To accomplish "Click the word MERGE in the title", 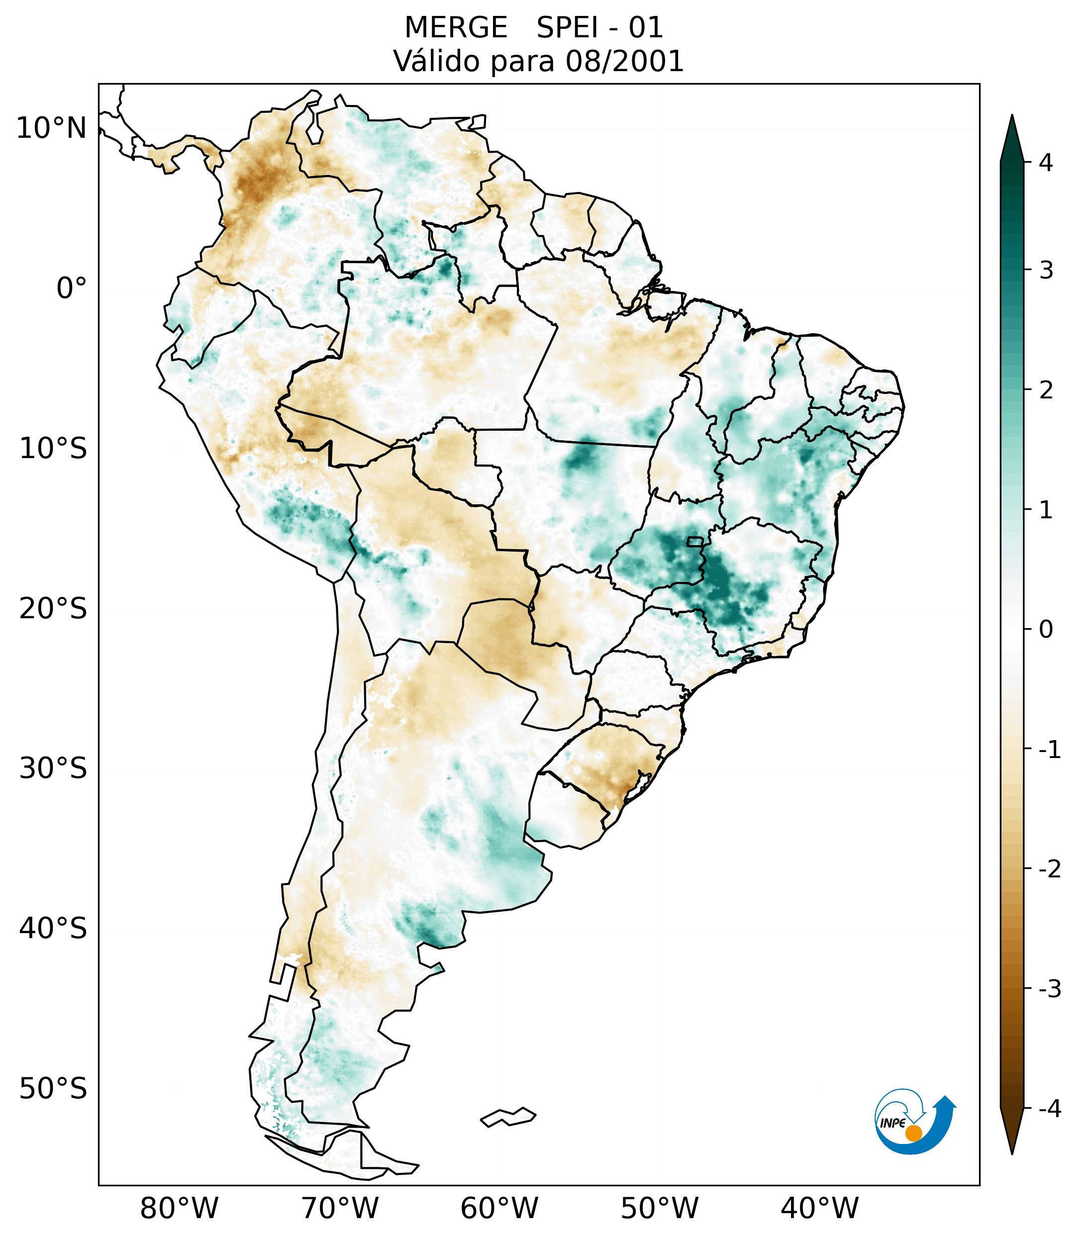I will pos(455,28).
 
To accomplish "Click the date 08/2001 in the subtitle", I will pos(624,61).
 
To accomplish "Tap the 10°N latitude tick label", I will pos(52,128).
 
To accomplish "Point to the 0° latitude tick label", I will pos(72,288).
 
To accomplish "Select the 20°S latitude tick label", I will pos(53,609).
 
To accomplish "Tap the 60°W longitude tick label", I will pos(499,1208).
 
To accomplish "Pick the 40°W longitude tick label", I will pos(820,1208).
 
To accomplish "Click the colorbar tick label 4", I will pos(1046,163).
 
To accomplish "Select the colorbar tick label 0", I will pos(1046,630).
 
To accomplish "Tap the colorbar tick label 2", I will pos(1046,390).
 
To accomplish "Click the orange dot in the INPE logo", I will pos(913,1133).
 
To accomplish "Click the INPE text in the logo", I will pos(892,1123).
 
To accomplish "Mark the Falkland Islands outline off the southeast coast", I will pos(508,1117).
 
